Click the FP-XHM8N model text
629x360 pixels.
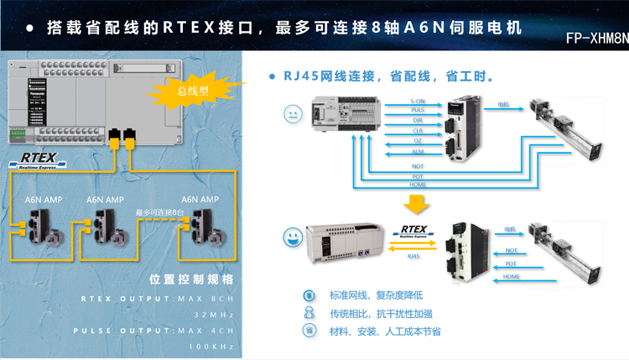tap(596, 39)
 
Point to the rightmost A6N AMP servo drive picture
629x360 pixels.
tap(202, 225)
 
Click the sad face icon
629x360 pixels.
tap(292, 112)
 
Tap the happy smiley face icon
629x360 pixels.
tap(292, 237)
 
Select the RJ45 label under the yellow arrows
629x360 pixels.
tap(413, 258)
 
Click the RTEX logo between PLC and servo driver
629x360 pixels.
tap(414, 230)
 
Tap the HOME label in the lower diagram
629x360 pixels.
tap(511, 276)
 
